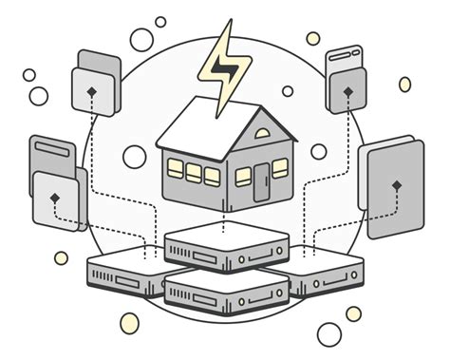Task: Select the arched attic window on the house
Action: pyautogui.click(x=263, y=133)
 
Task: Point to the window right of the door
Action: pyautogui.click(x=280, y=168)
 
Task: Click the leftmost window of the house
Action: pyautogui.click(x=176, y=168)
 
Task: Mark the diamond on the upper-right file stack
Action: pyautogui.click(x=347, y=91)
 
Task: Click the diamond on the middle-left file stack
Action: pyautogui.click(x=56, y=196)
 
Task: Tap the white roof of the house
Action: pyautogui.click(x=204, y=128)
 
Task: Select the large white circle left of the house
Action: pyautogui.click(x=135, y=157)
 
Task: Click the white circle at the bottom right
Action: pyautogui.click(x=328, y=333)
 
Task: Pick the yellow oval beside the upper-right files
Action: pyautogui.click(x=405, y=85)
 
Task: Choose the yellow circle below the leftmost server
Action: pyautogui.click(x=129, y=323)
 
